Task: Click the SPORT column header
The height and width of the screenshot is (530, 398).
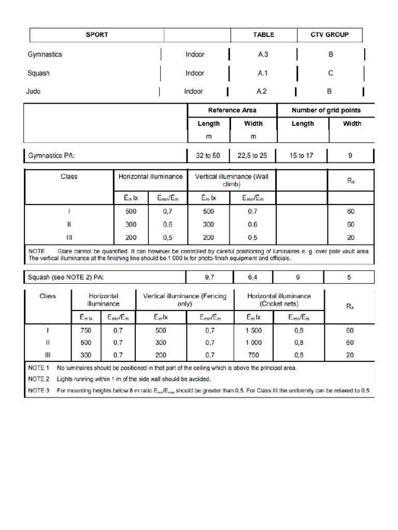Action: [97, 35]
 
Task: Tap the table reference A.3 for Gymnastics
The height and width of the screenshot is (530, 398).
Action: [263, 54]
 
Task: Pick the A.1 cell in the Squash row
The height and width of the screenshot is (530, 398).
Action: [263, 73]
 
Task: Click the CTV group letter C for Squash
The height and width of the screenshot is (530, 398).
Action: [330, 73]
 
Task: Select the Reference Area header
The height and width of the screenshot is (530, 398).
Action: [232, 110]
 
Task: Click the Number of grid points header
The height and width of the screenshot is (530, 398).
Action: [326, 110]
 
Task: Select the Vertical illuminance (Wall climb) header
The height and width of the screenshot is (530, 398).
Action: [232, 180]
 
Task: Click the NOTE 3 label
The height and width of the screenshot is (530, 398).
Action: [39, 390]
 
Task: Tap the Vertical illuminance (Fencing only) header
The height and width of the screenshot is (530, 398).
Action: [184, 300]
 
